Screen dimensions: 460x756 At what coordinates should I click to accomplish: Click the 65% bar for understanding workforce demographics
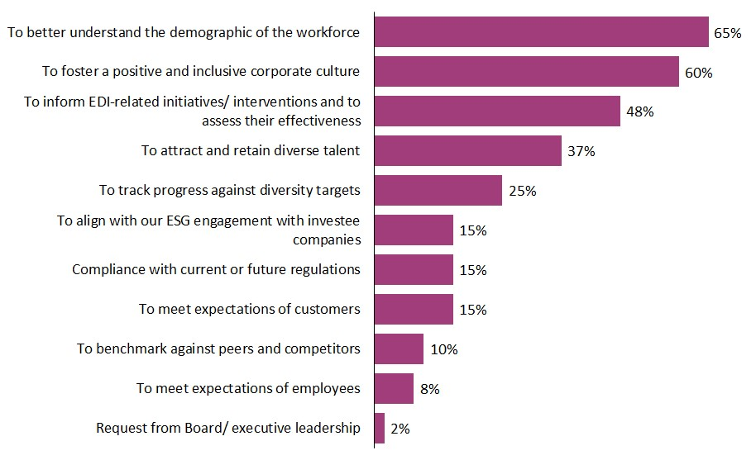tap(542, 32)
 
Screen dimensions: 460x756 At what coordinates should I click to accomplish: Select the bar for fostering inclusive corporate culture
tap(527, 72)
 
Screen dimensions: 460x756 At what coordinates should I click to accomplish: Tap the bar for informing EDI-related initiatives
tap(497, 111)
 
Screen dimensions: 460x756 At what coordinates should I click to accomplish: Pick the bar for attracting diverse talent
tap(468, 151)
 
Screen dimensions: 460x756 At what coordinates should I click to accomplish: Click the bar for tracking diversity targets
tap(438, 191)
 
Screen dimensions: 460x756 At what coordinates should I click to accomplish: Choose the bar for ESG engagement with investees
tap(414, 230)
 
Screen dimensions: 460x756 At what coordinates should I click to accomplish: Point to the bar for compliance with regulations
tap(414, 270)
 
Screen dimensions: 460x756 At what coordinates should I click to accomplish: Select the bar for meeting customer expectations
tap(414, 310)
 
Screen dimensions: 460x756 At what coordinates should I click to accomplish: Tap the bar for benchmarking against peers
tap(399, 349)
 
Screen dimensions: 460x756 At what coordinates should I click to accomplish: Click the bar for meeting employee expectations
tap(394, 389)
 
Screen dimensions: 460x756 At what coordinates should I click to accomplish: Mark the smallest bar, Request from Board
tap(380, 429)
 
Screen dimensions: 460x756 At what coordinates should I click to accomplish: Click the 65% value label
tap(728, 33)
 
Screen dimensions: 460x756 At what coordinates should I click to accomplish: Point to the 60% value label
tap(698, 73)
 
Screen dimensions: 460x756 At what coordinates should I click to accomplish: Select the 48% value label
tap(639, 111)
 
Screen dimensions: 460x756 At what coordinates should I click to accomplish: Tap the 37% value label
tap(581, 151)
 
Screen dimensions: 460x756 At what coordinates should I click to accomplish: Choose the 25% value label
tap(522, 191)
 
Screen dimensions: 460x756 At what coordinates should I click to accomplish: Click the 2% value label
tap(400, 429)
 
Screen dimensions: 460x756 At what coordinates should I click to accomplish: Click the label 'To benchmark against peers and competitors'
tap(218, 349)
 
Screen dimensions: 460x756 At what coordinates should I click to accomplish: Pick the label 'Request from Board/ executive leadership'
tap(228, 428)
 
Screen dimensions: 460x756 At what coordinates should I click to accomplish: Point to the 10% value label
tap(443, 349)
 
